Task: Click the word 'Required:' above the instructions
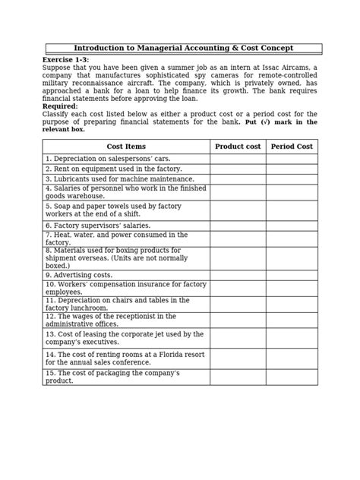(x=61, y=106)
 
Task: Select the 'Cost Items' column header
(x=126, y=147)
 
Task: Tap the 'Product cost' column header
(x=238, y=147)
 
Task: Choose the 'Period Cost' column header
(x=292, y=147)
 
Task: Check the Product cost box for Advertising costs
(x=238, y=275)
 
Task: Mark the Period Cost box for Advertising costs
(x=292, y=275)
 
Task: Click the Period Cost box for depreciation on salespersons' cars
(x=292, y=159)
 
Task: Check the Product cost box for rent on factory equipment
(x=238, y=169)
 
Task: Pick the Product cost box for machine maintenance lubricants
(x=238, y=179)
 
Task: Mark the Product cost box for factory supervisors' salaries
(x=238, y=226)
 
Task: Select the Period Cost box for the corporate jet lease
(x=292, y=338)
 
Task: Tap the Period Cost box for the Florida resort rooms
(x=292, y=358)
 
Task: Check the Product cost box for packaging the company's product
(x=238, y=377)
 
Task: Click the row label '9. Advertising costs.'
(x=79, y=275)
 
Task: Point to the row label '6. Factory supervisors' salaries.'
(x=98, y=226)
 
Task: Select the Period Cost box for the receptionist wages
(x=292, y=321)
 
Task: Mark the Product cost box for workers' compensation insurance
(x=238, y=288)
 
